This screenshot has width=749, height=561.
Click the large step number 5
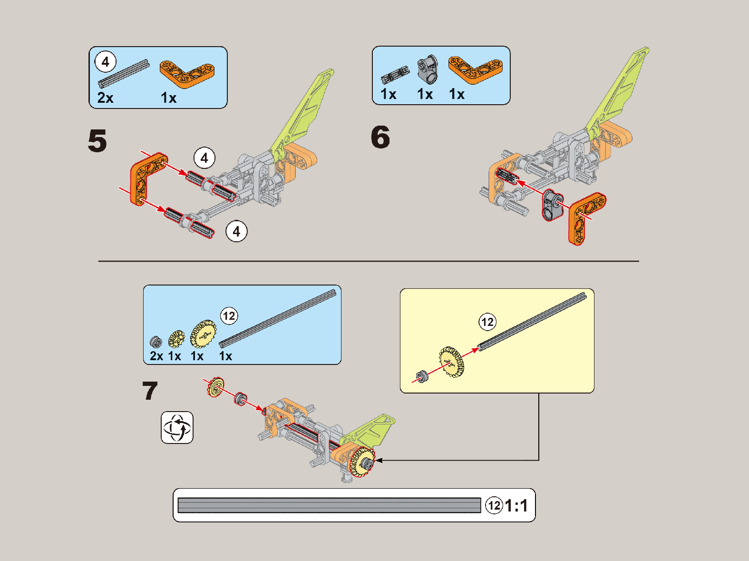(97, 141)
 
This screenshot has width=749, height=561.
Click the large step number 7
(150, 391)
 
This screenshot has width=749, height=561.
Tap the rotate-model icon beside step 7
(177, 427)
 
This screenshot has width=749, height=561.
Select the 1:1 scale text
(516, 505)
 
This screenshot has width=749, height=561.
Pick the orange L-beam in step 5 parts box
(186, 73)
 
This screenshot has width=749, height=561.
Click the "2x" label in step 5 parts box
(106, 98)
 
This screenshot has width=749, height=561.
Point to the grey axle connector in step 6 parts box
(427, 69)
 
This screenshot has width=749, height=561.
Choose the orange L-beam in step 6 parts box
(475, 69)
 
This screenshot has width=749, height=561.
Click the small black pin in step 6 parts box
(395, 75)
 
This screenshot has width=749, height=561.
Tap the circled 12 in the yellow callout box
(487, 322)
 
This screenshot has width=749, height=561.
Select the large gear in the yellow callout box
(451, 362)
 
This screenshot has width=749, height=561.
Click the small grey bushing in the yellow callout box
(421, 376)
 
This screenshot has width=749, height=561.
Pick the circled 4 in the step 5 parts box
(106, 62)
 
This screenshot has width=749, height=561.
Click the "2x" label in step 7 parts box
(156, 356)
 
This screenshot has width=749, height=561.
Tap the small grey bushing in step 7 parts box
(156, 342)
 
